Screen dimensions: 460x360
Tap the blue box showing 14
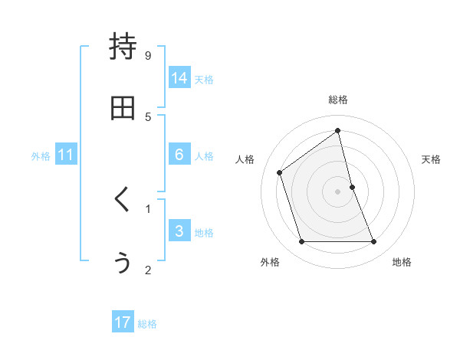click(179, 78)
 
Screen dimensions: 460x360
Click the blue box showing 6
click(179, 155)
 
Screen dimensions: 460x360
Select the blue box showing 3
click(179, 231)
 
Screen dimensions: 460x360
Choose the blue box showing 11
click(66, 155)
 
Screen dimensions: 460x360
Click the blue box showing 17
click(123, 322)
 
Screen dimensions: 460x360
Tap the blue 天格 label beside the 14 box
click(204, 80)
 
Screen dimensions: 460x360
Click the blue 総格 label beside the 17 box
click(147, 324)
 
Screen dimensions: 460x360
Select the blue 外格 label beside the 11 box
click(41, 156)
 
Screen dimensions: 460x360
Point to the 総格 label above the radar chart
click(338, 100)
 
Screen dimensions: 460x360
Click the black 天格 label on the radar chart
click(432, 159)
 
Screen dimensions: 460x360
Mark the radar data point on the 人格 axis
click(280, 172)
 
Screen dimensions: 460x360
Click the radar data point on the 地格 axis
click(374, 242)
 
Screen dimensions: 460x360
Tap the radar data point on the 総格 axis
click(338, 130)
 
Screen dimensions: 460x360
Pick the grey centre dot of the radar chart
click(338, 191)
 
